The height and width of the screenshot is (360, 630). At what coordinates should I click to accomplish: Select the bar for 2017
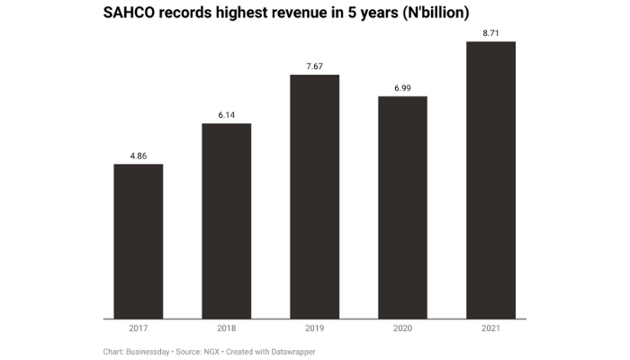point(138,241)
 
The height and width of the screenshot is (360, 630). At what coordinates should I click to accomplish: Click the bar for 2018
point(226,220)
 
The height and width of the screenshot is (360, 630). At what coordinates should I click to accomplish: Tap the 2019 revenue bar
point(314,196)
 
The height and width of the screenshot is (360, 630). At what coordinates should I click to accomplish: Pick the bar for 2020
point(402,207)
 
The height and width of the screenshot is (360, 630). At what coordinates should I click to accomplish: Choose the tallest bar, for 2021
point(490,180)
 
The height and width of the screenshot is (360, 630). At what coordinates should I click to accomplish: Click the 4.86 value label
point(138,156)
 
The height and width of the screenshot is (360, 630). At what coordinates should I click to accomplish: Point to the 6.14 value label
point(226,115)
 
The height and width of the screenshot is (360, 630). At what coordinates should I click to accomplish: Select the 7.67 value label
point(314,67)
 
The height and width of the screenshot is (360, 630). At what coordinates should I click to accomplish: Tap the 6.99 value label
point(402,88)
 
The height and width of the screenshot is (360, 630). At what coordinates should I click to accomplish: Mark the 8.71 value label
point(490,33)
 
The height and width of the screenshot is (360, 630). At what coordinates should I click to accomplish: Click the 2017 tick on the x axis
point(138,329)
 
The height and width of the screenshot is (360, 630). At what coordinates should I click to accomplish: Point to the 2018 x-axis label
point(226,329)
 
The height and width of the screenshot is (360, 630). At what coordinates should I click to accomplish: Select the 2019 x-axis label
point(314,329)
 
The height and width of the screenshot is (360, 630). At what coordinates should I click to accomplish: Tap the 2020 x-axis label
point(402,329)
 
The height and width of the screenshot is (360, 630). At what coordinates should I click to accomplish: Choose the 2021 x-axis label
point(490,329)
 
